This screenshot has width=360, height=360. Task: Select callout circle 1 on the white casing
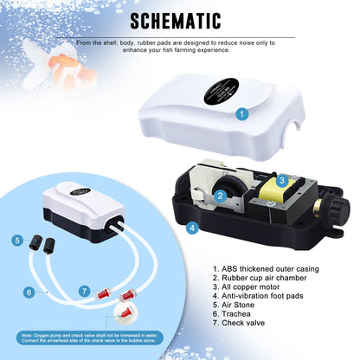pos(242,113)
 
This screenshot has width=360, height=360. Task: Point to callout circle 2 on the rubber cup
pos(220,196)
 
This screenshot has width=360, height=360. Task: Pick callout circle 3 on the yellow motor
pos(281,180)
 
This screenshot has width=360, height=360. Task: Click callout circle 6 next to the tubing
pos(29,292)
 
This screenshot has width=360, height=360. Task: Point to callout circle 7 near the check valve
pos(84,291)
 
